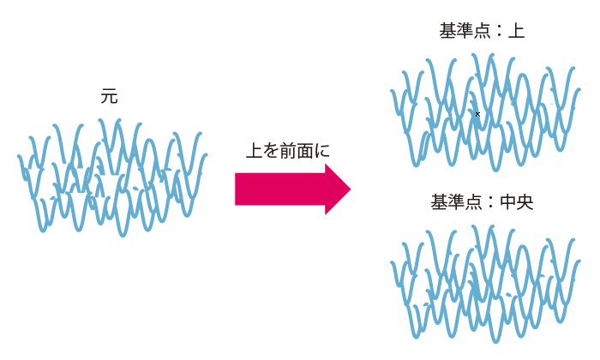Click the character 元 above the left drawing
109,97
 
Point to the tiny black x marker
477,113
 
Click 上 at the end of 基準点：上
516,32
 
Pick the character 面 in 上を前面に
305,150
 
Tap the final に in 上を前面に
322,150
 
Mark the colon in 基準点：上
498,32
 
